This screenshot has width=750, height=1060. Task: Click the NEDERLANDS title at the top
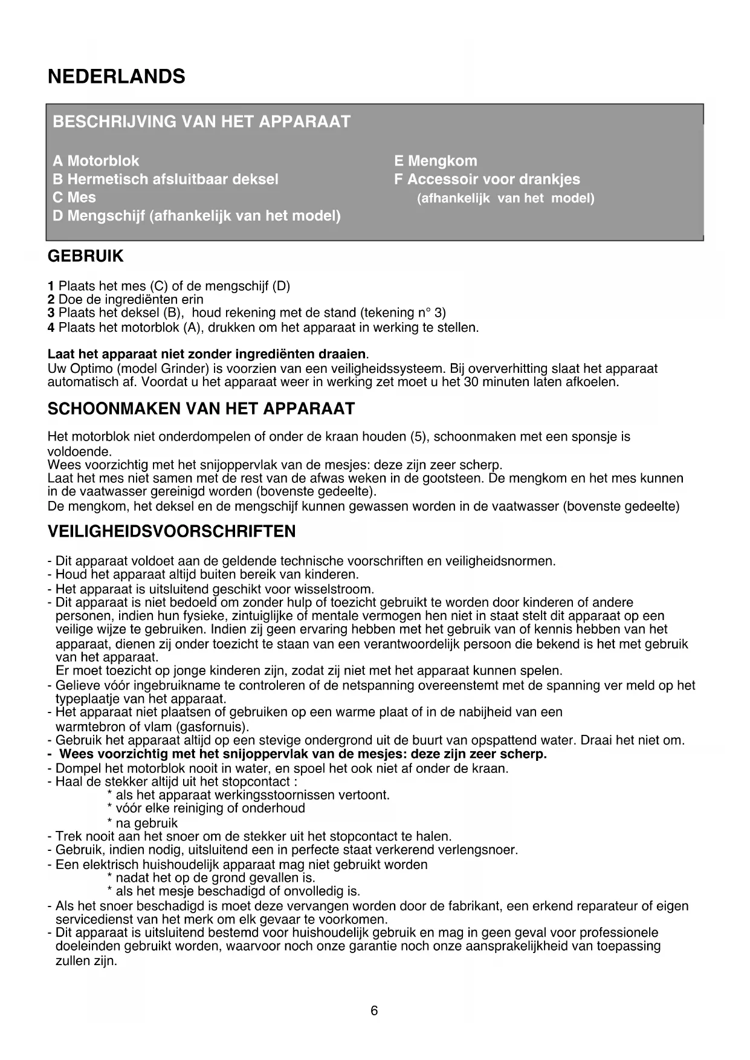pyautogui.click(x=116, y=77)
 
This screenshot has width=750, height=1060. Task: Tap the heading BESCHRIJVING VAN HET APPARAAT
pyautogui.click(x=201, y=121)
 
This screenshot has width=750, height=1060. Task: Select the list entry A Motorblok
pyautogui.click(x=96, y=161)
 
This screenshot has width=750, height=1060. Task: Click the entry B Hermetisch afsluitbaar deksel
pyautogui.click(x=166, y=179)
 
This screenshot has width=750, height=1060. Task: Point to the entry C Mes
pyautogui.click(x=74, y=197)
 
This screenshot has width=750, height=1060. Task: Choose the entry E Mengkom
pyautogui.click(x=435, y=161)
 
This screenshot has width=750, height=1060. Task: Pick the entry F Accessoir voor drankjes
pyautogui.click(x=487, y=179)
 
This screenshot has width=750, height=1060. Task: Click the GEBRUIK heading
pyautogui.click(x=85, y=256)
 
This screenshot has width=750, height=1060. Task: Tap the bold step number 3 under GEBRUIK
pyautogui.click(x=51, y=313)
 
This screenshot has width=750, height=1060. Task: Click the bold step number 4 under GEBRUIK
pyautogui.click(x=51, y=328)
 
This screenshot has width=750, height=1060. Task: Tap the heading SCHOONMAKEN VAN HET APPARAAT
pyautogui.click(x=201, y=409)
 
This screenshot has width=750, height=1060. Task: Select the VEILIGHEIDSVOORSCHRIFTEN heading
pyautogui.click(x=172, y=532)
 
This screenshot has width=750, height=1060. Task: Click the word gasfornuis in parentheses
pyautogui.click(x=212, y=726)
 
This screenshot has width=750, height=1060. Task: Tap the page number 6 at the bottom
pyautogui.click(x=374, y=1010)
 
